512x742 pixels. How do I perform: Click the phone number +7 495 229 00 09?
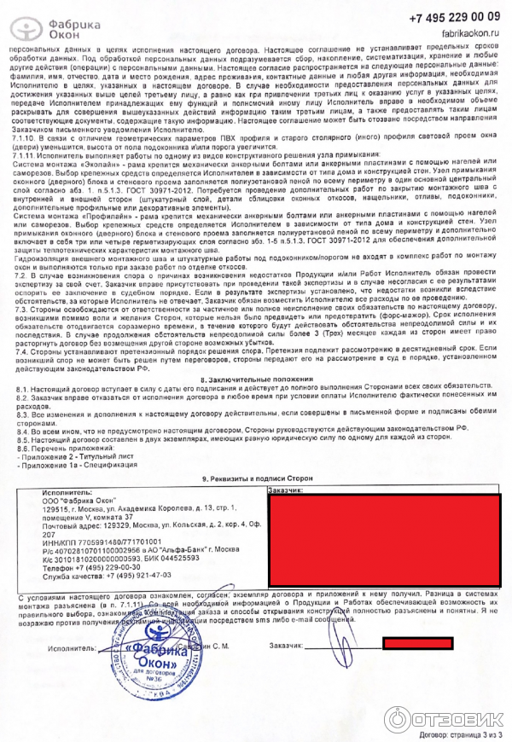pos(456,18)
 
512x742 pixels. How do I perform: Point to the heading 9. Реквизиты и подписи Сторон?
pos(256,479)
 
